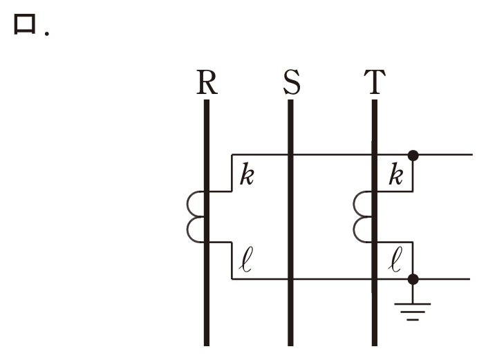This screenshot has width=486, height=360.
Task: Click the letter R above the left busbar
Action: click(207, 82)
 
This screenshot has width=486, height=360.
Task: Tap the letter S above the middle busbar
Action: click(292, 82)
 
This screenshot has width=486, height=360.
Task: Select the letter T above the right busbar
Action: click(375, 82)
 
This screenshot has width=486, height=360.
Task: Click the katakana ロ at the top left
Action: click(24, 24)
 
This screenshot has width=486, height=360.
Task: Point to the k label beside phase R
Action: click(247, 174)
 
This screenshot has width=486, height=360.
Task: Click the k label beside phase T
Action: click(396, 174)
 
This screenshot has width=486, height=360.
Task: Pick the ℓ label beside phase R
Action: click(246, 260)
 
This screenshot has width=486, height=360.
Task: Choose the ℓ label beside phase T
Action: click(395, 260)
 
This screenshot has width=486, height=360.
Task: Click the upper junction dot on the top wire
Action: click(413, 155)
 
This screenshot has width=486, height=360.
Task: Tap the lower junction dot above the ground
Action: click(413, 279)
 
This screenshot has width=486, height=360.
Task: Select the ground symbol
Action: click(413, 312)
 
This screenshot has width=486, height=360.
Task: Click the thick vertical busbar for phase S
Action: click(290, 222)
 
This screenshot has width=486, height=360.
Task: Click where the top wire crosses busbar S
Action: click(290, 154)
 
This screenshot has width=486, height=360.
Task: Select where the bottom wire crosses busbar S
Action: click(290, 279)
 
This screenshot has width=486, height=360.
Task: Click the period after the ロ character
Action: click(47, 33)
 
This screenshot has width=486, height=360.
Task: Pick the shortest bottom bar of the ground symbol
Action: click(413, 319)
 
